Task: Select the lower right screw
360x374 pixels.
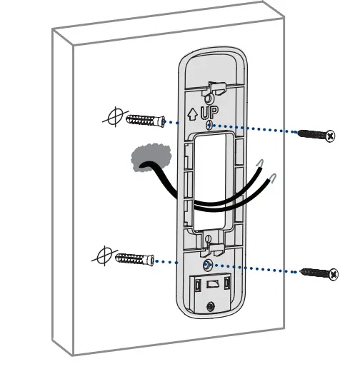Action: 318,273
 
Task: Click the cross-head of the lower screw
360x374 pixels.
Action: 332,274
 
